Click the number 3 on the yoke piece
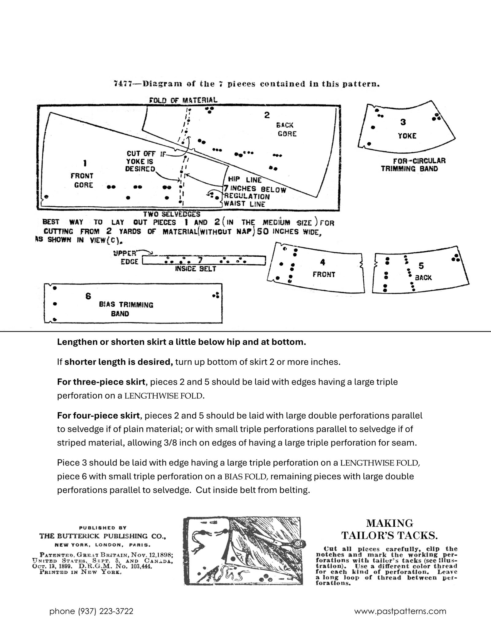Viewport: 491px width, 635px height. pyautogui.click(x=403, y=122)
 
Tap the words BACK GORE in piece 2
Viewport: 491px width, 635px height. pyautogui.click(x=286, y=129)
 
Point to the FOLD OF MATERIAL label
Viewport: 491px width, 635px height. pyautogui.click(x=183, y=100)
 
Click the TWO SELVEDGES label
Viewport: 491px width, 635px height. pyautogui.click(x=172, y=214)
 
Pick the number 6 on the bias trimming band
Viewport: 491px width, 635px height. pyautogui.click(x=88, y=296)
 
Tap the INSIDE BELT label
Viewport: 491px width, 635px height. pyautogui.click(x=195, y=269)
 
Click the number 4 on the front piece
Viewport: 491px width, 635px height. pyautogui.click(x=323, y=262)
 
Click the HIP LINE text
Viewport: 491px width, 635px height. pyautogui.click(x=245, y=180)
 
